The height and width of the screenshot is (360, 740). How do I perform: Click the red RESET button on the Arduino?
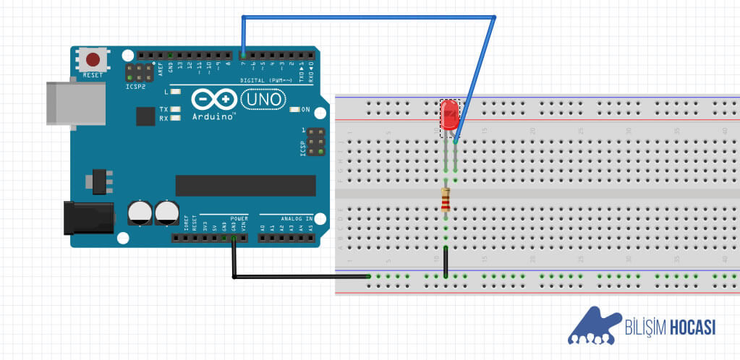[93, 59]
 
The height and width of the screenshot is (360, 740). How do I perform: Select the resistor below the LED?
[445, 198]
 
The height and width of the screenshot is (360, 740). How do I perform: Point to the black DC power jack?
[88, 218]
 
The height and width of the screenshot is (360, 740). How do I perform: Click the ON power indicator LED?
[294, 110]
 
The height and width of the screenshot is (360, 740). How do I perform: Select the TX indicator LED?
[175, 109]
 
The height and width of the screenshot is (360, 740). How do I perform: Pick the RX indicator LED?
[175, 118]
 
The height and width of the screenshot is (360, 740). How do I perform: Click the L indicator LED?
[175, 92]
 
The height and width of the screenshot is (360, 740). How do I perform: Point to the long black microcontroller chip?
[245, 185]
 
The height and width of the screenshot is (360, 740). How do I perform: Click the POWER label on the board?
[239, 218]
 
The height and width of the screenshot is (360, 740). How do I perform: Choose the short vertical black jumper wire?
[446, 262]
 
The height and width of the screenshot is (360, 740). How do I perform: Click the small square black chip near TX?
[145, 116]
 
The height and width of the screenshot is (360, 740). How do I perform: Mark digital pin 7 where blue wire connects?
[243, 55]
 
